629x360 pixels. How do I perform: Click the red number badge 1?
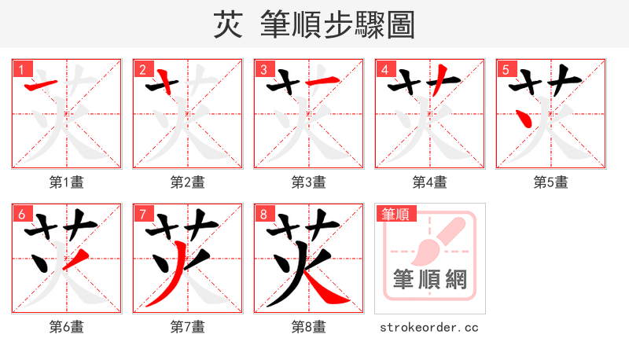(x=21, y=70)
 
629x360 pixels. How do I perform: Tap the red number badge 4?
(x=384, y=70)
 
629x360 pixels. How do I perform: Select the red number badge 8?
(x=263, y=215)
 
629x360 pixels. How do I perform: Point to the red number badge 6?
(x=21, y=215)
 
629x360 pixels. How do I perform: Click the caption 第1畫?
(x=67, y=182)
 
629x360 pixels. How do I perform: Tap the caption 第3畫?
(x=309, y=182)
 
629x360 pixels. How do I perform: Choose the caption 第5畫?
(x=551, y=182)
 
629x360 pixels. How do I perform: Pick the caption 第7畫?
(x=188, y=326)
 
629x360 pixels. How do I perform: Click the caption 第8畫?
(x=309, y=326)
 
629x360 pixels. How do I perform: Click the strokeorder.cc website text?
(x=429, y=327)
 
